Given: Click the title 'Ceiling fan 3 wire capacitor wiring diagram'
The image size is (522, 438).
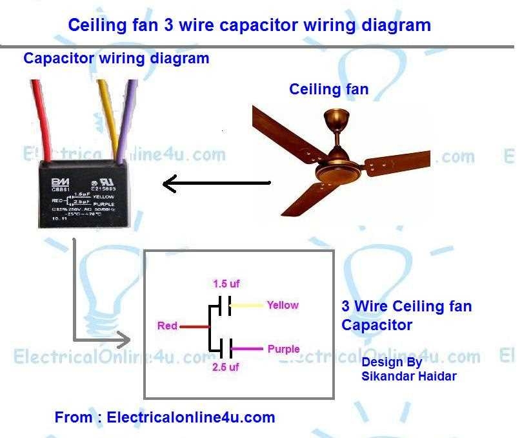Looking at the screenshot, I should point(249,25).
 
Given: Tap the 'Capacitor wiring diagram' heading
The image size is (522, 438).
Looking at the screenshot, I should point(116,58).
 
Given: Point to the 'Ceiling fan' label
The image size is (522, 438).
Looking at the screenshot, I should point(328,89).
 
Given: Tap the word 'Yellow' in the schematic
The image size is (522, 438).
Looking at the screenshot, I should point(283,305).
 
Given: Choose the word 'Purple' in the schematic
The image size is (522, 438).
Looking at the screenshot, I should point(283,349).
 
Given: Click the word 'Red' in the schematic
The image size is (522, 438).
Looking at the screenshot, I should point(167,326).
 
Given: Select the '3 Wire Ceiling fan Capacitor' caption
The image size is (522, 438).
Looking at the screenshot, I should point(407,315).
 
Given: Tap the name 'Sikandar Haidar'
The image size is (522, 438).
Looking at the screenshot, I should point(409,375).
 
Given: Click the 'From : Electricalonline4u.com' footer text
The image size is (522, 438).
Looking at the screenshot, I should point(165,417).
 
